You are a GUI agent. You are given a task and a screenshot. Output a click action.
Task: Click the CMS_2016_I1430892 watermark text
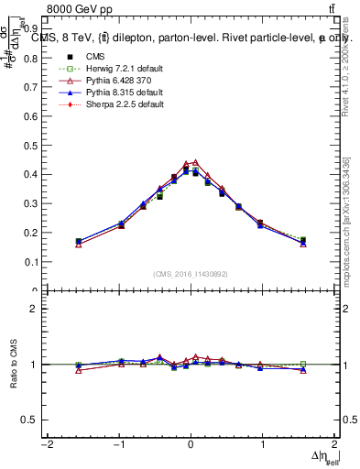click(x=191, y=274)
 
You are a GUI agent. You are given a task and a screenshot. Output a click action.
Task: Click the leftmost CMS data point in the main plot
click(x=79, y=242)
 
